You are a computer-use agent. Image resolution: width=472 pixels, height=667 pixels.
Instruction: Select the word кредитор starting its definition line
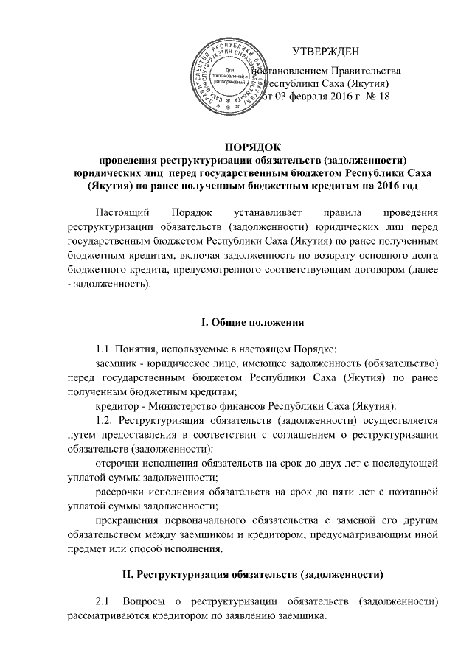[x=118, y=405]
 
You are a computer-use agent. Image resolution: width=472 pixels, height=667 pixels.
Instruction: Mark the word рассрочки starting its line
[x=122, y=491]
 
